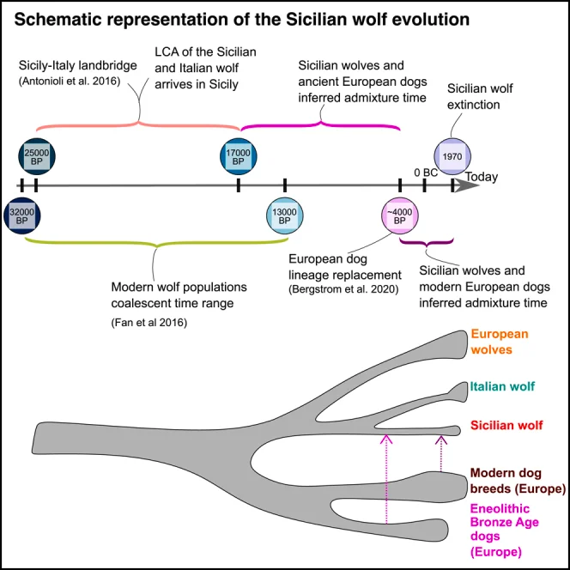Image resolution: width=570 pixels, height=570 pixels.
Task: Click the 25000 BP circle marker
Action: [35, 157]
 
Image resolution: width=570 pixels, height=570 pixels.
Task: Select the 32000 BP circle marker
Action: [21, 215]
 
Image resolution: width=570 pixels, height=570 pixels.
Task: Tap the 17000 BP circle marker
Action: [238, 157]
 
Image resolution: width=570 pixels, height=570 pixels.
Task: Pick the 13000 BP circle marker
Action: [284, 215]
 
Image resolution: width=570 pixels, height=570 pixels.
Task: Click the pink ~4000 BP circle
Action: [399, 215]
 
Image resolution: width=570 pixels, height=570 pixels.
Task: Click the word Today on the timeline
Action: [481, 177]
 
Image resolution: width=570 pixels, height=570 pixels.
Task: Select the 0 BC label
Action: [427, 172]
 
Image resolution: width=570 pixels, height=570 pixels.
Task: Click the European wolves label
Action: [498, 341]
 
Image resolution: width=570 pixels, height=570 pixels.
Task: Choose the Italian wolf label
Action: [502, 387]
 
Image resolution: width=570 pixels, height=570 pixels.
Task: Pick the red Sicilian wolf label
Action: [506, 425]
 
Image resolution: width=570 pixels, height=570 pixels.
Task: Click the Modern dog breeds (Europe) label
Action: [518, 481]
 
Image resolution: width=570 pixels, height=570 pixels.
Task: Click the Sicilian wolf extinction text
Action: [484, 96]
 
